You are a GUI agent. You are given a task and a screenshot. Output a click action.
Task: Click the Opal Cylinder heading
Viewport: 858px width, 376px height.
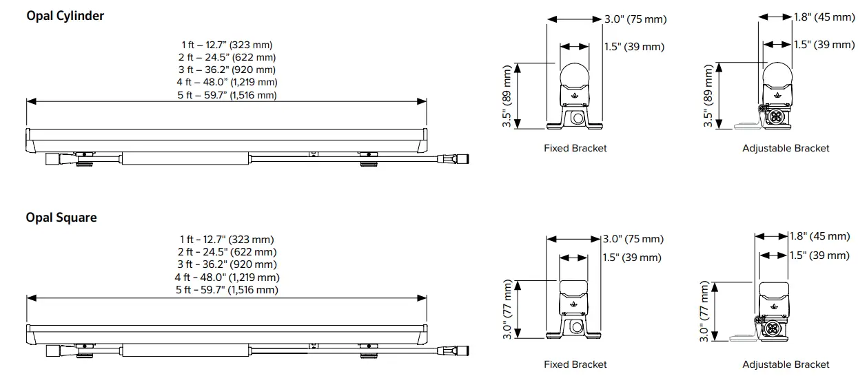65,15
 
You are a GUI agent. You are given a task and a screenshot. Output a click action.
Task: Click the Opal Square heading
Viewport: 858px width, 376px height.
61,218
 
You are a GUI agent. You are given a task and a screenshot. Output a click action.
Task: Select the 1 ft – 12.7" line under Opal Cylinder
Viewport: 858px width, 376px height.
227,45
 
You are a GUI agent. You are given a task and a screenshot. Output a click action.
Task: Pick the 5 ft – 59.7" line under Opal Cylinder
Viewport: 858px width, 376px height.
227,95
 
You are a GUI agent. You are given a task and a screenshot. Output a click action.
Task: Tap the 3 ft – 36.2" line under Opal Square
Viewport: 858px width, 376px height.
227,264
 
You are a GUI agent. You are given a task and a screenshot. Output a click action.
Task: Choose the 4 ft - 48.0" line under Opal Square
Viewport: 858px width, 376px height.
227,278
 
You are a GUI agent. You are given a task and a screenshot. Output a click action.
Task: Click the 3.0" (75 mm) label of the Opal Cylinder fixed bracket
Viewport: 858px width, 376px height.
635,19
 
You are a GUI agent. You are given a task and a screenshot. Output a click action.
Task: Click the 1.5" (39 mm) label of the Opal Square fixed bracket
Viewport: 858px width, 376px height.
631,258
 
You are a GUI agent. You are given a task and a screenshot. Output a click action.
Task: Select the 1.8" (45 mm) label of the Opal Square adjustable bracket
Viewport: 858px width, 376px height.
819,236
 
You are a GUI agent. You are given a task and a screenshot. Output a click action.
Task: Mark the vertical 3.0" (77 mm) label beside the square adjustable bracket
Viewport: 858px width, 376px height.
704,311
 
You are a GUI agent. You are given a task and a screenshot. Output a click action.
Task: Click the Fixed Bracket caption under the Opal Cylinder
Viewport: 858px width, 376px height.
575,148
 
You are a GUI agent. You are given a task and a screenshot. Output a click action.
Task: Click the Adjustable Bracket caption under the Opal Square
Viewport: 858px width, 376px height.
786,364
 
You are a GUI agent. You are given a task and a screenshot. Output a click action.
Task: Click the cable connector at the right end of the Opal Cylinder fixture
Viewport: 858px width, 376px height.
459,159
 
